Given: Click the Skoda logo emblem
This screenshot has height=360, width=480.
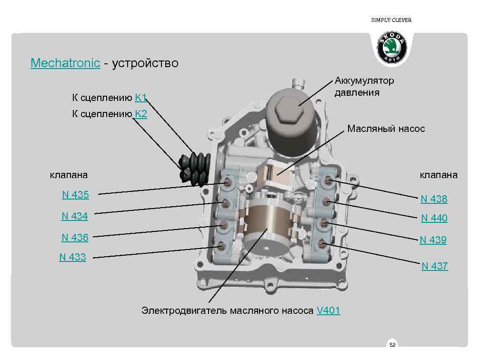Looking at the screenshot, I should pos(392,48).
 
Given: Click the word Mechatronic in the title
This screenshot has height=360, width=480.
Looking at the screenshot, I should pos(65,63).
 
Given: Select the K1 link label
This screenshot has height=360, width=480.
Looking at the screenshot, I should pos(140,98).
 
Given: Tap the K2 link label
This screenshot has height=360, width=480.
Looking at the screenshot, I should pos(141,114).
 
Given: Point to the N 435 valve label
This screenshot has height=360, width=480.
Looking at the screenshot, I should pos(75,194).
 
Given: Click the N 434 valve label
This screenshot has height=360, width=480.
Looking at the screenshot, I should pos(75,216).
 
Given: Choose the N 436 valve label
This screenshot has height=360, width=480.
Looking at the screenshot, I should pos(75,237).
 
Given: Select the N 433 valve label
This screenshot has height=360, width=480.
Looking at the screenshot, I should pos(72,257).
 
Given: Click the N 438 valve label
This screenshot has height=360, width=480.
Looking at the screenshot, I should pos(434,199).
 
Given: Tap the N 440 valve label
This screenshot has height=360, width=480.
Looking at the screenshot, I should pos(434,218).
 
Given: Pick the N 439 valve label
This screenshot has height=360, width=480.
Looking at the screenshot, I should pos(433,240).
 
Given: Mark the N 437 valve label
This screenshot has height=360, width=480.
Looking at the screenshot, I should pos(434,266).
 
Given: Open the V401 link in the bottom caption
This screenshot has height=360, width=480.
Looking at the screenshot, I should pos(328,311).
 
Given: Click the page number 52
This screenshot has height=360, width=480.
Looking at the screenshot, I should pos(392,344).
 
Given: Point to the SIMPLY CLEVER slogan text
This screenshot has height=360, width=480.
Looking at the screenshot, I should pos(391,20).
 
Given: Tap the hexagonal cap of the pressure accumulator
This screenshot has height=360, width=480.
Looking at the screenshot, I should pos(289,106).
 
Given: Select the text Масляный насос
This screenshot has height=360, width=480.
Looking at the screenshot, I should pos(386,129).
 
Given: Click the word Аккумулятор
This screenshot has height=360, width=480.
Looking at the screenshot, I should pos(364,80).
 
